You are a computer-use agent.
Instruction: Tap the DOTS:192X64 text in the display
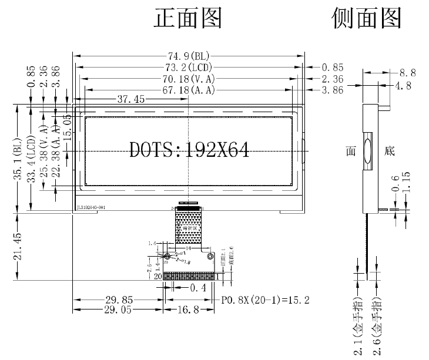point(189,150)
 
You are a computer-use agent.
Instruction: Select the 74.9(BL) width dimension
point(189,56)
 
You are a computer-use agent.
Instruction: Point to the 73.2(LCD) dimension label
point(189,68)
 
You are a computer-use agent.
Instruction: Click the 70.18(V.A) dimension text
point(189,79)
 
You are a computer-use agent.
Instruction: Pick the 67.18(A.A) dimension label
point(189,90)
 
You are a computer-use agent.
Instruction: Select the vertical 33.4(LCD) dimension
point(32,159)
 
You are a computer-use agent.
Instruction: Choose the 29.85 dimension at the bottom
point(118,300)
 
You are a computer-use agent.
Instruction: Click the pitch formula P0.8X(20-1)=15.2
point(266,300)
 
